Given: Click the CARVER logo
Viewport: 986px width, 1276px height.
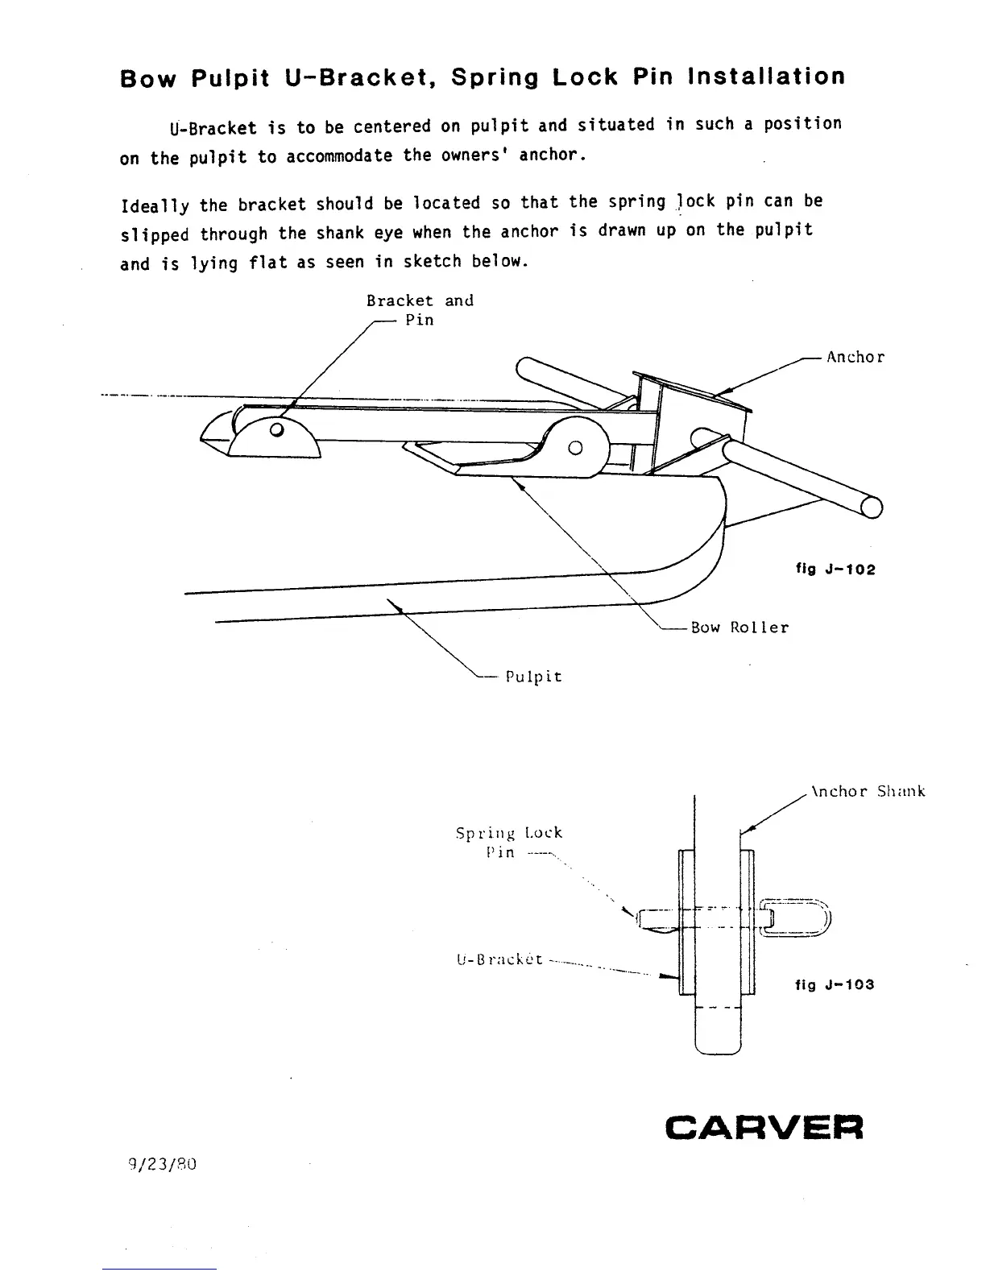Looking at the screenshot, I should coord(764,1127).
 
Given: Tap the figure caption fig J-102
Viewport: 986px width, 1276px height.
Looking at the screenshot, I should coord(835,570).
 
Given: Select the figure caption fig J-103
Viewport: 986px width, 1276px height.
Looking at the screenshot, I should coord(834,984).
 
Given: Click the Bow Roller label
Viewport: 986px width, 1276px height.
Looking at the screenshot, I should coord(739,628).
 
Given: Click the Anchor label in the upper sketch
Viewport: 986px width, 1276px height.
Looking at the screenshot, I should coord(855,357).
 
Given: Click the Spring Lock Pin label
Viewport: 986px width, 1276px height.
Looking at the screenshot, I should coord(508,842).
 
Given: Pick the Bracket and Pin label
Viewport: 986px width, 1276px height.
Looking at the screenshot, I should coord(420,309).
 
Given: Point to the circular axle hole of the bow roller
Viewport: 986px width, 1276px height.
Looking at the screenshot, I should coord(575,447).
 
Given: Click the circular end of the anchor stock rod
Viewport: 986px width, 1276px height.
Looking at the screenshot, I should coord(871,507).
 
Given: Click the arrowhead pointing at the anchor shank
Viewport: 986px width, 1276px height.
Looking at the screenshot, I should coord(745,828).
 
